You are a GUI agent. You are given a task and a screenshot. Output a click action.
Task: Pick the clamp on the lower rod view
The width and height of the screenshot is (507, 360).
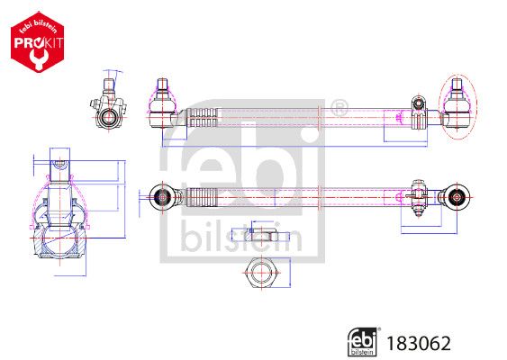(417, 194)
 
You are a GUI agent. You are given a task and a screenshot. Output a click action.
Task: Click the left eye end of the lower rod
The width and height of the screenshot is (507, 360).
(162, 194)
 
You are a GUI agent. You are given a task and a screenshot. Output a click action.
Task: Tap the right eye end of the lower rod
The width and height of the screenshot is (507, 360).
(457, 194)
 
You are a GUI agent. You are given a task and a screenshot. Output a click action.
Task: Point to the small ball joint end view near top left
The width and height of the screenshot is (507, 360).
(108, 112)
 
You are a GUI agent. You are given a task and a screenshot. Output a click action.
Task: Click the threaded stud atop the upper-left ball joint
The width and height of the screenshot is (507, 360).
(163, 86)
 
